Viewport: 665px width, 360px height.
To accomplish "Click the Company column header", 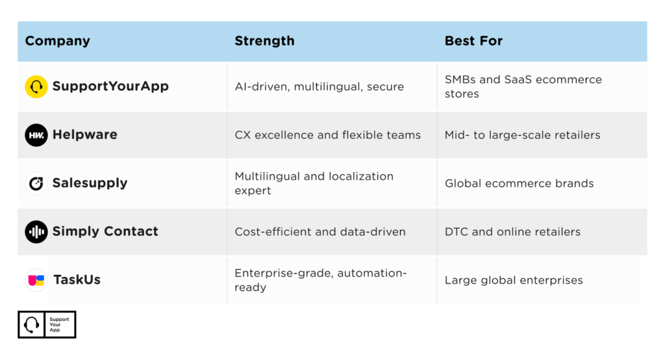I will click(x=57, y=41).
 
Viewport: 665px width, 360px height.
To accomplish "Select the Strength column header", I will click(x=264, y=41).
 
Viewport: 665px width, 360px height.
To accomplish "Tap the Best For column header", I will click(x=473, y=41).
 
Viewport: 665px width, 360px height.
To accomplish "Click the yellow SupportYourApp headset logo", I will click(x=36, y=86).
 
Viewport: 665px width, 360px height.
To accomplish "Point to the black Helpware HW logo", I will click(x=36, y=135).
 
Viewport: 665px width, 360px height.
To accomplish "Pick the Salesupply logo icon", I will click(x=36, y=183).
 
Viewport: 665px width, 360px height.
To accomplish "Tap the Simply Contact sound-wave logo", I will click(x=36, y=231).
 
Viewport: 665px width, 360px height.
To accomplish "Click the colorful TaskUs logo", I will click(x=36, y=280).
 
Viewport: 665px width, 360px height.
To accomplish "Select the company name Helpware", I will click(x=84, y=135).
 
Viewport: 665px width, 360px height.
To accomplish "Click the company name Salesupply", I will click(x=90, y=183).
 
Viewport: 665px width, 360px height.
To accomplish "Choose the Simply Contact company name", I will click(x=105, y=231).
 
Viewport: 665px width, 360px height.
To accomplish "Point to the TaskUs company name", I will click(x=77, y=280).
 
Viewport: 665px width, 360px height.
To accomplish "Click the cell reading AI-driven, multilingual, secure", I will click(x=319, y=86).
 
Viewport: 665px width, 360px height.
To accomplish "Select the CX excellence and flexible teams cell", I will click(x=327, y=135).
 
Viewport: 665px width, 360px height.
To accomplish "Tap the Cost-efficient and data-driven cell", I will click(x=320, y=231).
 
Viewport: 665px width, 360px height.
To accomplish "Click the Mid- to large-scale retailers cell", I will click(x=522, y=135).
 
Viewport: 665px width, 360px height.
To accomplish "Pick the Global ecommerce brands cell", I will click(x=519, y=183).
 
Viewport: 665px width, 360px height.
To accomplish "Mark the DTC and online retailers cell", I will click(x=512, y=231).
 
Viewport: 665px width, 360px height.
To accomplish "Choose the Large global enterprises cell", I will click(x=514, y=280).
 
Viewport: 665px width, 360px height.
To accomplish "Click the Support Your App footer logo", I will click(x=47, y=325).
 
